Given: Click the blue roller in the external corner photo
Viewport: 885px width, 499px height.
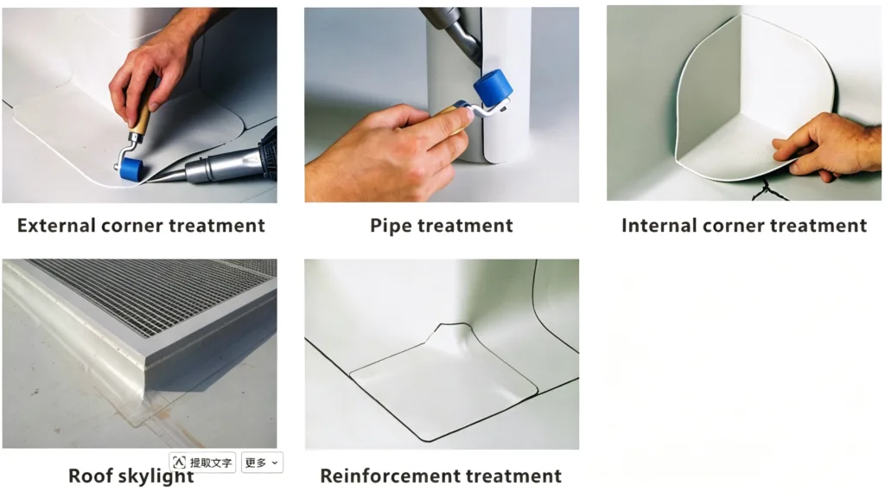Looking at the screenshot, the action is tap(131, 170).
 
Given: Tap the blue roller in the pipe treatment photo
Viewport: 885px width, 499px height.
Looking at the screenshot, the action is tap(493, 87).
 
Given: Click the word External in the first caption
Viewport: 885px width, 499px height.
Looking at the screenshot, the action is tap(56, 226).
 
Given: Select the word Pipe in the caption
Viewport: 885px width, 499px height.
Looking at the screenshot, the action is tap(391, 227).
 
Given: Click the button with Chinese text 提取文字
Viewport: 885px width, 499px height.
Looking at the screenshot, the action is tap(202, 463).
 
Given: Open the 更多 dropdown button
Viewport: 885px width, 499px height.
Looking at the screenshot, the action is tap(262, 463).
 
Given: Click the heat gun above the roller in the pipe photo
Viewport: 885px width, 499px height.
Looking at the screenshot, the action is tap(451, 31).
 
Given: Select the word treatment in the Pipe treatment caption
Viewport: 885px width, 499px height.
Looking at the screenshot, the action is tap(465, 226).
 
